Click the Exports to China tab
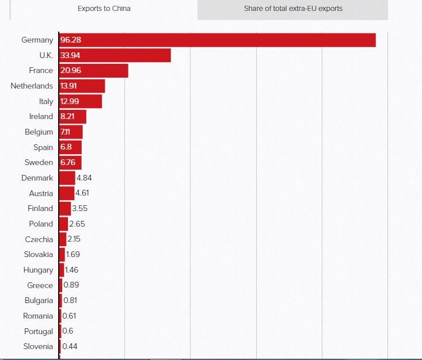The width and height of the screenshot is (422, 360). [x=104, y=9]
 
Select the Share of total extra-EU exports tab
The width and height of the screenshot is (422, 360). [x=293, y=9]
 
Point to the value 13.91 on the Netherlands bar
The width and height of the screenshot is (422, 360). [x=69, y=86]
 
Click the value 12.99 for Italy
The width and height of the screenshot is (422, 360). [x=69, y=101]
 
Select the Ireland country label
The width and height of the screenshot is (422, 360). [x=41, y=116]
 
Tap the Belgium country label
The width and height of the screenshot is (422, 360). [x=39, y=132]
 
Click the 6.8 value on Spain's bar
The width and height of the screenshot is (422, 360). [x=66, y=147]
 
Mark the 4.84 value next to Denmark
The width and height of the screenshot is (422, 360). [x=84, y=178]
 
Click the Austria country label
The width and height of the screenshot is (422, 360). [x=41, y=193]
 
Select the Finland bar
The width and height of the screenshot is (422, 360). [x=64, y=208]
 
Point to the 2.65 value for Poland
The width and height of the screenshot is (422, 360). [x=77, y=224]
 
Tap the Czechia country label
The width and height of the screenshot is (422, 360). [x=39, y=239]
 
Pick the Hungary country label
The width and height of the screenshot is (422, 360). [x=39, y=270]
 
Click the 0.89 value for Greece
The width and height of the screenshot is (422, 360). [x=71, y=285]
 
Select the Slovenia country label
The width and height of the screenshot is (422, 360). [x=39, y=346]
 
